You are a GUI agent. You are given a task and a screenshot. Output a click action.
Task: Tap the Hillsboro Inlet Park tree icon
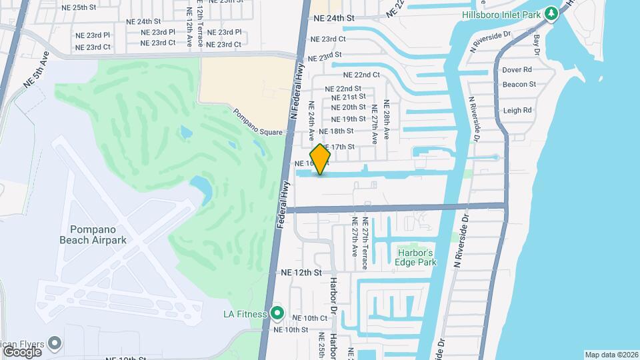(551, 13)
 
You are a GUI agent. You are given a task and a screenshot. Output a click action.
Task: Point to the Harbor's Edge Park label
(417, 257)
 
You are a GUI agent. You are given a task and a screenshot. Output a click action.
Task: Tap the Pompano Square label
(258, 123)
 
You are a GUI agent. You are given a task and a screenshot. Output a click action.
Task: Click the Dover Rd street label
(517, 69)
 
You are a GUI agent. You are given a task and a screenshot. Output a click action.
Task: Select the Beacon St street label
(519, 84)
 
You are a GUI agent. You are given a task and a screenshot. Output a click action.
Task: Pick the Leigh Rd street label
(517, 111)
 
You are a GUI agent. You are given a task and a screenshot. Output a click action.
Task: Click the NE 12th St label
(301, 273)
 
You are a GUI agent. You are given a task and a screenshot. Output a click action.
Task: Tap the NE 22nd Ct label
(362, 75)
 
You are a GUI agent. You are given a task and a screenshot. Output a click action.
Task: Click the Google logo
(22, 351)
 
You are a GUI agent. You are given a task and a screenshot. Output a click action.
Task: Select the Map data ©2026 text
(610, 355)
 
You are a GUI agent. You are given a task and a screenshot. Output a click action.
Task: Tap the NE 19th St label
(348, 119)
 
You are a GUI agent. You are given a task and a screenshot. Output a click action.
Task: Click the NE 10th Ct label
(310, 318)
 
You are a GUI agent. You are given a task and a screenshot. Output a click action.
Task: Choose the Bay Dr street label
(536, 43)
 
